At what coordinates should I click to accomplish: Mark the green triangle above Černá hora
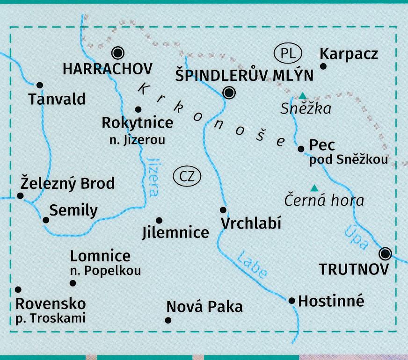[315, 188]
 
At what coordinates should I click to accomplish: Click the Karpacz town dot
[322, 66]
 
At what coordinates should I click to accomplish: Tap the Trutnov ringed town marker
[385, 253]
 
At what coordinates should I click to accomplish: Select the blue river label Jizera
[153, 176]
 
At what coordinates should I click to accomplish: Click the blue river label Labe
[252, 265]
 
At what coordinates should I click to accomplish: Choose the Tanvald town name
[57, 99]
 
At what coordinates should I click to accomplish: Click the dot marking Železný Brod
[20, 195]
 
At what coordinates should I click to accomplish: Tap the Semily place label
[73, 210]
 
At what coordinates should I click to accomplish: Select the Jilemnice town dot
[159, 220]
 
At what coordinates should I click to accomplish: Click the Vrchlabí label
[251, 223]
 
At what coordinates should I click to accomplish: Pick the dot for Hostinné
[292, 301]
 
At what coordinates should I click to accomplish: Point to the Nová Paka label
[204, 307]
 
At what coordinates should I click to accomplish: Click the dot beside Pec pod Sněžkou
[301, 149]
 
